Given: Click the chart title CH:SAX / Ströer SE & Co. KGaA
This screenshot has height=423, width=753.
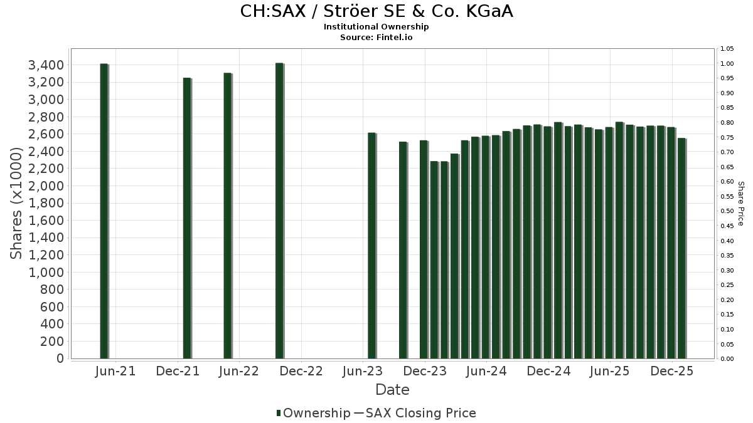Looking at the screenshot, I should [376, 11].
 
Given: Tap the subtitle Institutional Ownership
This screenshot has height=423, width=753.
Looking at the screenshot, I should [376, 27].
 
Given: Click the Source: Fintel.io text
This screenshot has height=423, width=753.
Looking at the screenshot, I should [376, 38].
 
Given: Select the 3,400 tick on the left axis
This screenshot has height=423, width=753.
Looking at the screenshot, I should [46, 65].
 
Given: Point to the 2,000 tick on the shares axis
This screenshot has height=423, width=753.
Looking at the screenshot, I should [46, 186].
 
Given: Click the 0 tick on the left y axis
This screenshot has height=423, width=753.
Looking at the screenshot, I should [60, 358].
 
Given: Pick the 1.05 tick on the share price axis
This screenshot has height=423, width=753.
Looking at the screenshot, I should [727, 49].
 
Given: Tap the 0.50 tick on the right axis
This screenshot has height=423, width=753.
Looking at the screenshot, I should [727, 211].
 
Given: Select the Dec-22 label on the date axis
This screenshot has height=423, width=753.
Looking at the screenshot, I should [301, 371].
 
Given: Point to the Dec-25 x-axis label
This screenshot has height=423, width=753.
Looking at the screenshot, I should [672, 371].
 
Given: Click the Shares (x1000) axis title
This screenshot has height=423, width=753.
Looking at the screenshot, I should [18, 202].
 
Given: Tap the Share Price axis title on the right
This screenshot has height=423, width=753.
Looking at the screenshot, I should [740, 204].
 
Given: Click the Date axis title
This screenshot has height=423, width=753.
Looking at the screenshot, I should [392, 390].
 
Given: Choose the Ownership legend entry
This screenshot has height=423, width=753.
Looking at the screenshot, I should [314, 413].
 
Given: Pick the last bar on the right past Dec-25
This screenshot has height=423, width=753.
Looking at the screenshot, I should [681, 248].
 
